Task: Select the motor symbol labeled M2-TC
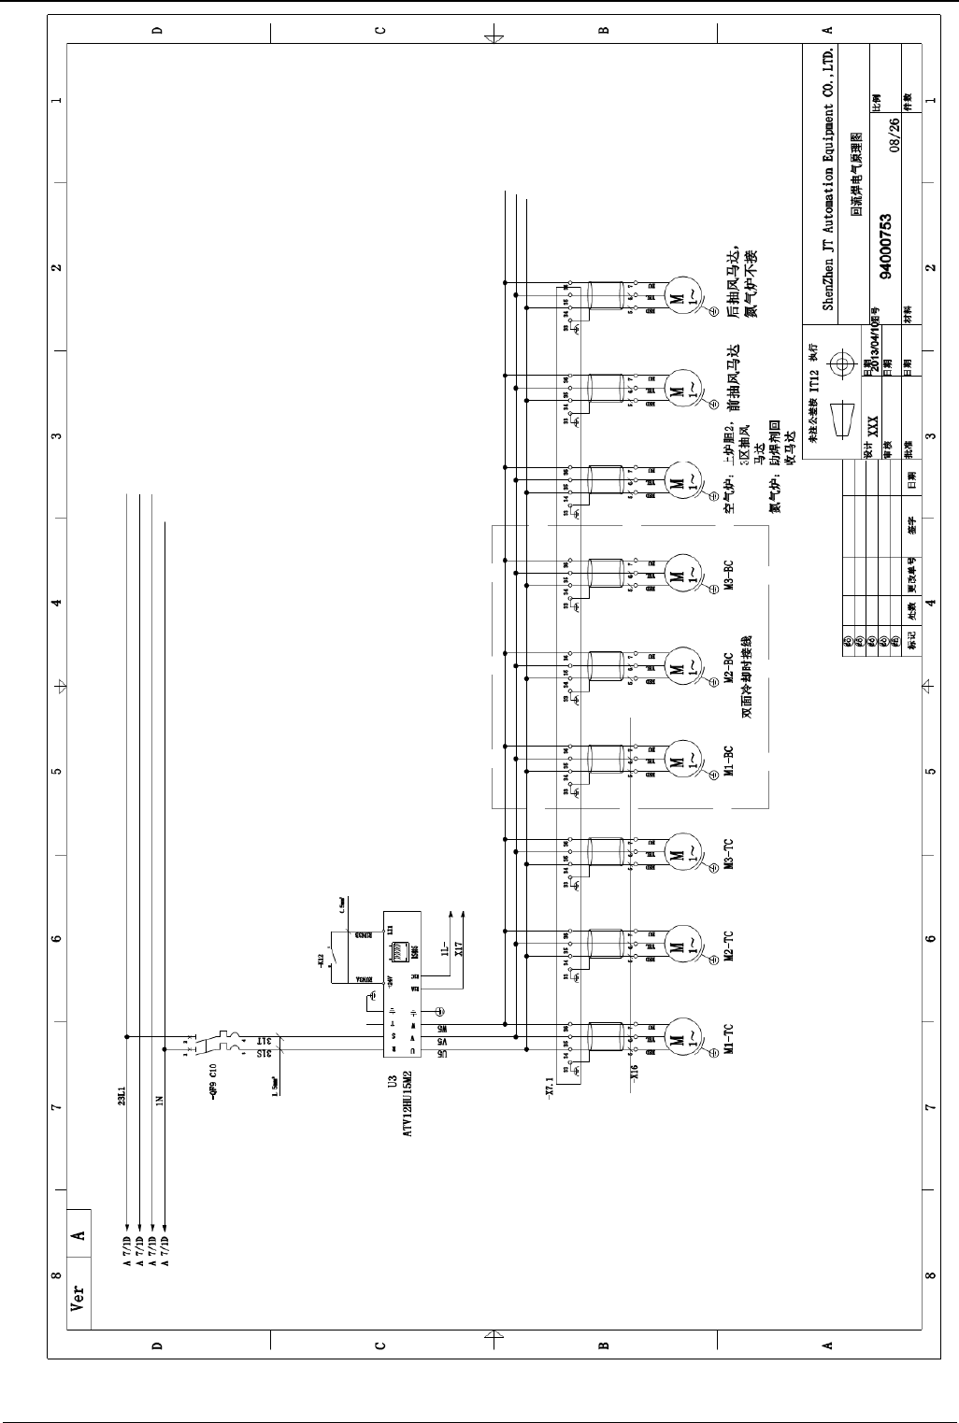pos(680,946)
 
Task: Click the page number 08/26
pos(895,135)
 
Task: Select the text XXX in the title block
pos(872,425)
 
